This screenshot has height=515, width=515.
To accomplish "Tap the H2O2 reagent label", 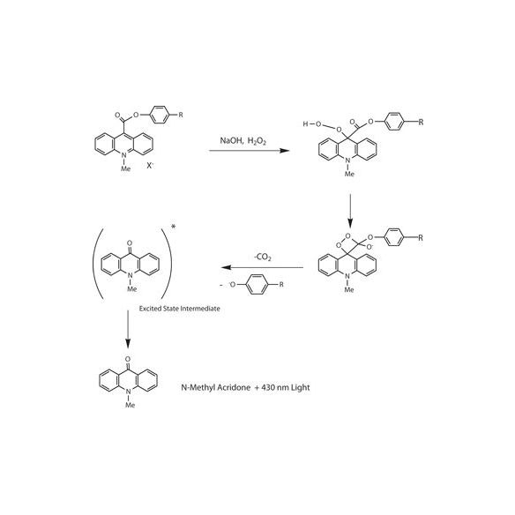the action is pyautogui.click(x=257, y=141).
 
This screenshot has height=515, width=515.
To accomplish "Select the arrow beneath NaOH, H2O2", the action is pyautogui.click(x=250, y=151).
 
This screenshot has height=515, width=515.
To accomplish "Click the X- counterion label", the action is pyautogui.click(x=150, y=166).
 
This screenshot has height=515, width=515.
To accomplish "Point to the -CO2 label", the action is pyautogui.click(x=263, y=257).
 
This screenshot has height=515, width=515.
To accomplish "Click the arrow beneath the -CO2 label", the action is pyautogui.click(x=262, y=267).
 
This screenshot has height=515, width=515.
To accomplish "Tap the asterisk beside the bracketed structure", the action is pyautogui.click(x=173, y=227).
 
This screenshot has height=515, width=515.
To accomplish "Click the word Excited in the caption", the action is pyautogui.click(x=149, y=309).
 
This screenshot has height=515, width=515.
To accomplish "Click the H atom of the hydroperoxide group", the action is pyautogui.click(x=305, y=123).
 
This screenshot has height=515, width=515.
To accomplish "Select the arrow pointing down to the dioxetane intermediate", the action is pyautogui.click(x=350, y=211).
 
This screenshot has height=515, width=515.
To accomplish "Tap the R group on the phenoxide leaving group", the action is pyautogui.click(x=281, y=285).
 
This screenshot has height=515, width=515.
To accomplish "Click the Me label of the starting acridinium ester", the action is pyautogui.click(x=126, y=168).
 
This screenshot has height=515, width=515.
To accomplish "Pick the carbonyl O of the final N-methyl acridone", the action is pyautogui.click(x=128, y=359).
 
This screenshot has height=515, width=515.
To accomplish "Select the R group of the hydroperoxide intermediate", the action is pyautogui.click(x=421, y=123).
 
